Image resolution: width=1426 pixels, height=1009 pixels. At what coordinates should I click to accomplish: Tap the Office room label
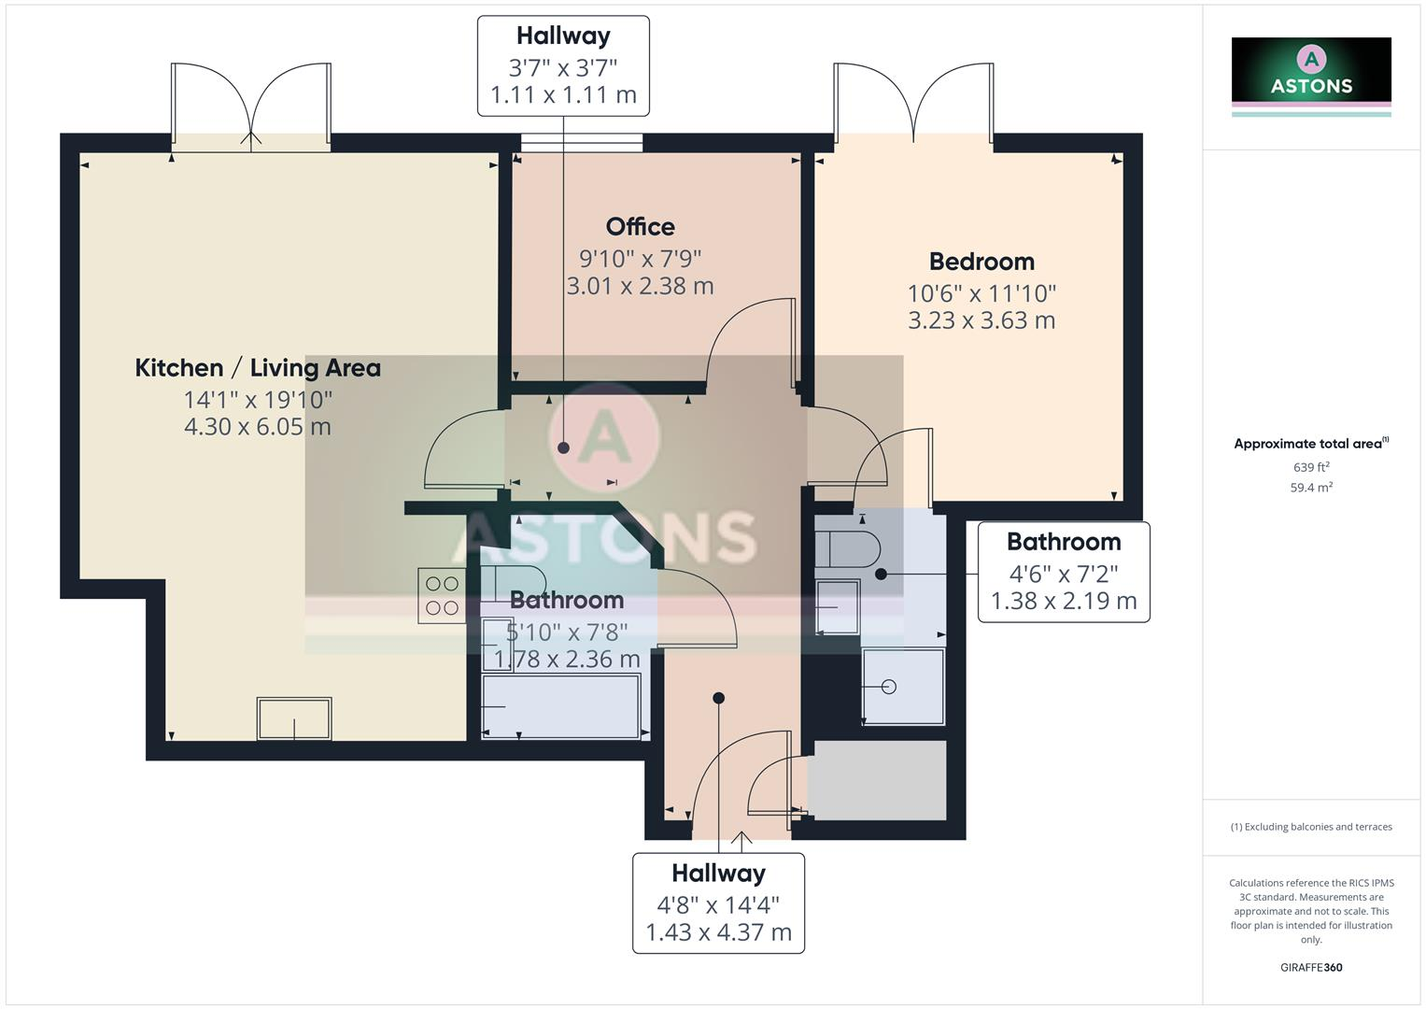[x=640, y=227]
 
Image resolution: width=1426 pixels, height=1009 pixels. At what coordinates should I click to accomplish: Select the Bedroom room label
[x=981, y=262]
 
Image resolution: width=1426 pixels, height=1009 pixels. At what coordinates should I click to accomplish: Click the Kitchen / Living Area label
[x=258, y=368]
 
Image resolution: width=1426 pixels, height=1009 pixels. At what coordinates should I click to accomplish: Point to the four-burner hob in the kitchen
[x=442, y=596]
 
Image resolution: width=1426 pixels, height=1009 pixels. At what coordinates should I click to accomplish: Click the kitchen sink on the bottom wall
[x=294, y=718]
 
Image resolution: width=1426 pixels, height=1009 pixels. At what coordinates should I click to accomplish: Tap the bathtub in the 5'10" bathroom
[x=561, y=706]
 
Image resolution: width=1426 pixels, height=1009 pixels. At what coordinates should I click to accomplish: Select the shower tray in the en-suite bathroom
[x=903, y=687]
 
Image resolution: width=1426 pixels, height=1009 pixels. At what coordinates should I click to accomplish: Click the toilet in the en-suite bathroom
[x=846, y=549]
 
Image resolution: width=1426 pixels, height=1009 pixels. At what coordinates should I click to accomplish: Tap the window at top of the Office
[x=582, y=143]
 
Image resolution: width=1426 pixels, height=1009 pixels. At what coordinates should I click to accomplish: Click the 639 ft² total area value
[x=1311, y=467]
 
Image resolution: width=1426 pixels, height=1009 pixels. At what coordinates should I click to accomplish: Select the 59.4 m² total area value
[x=1311, y=488]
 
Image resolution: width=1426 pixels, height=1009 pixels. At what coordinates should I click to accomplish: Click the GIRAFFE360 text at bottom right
[x=1311, y=967]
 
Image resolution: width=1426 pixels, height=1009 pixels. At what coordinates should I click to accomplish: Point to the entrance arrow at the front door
[x=741, y=841]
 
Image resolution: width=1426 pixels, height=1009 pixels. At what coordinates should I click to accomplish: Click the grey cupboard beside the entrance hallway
[x=877, y=780]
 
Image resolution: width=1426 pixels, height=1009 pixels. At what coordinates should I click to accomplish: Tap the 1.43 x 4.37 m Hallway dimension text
[x=718, y=932]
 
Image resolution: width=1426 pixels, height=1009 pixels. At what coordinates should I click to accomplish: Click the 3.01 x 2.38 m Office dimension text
[x=640, y=286]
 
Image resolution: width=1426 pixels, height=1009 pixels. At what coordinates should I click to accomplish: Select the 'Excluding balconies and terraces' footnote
[x=1311, y=827]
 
